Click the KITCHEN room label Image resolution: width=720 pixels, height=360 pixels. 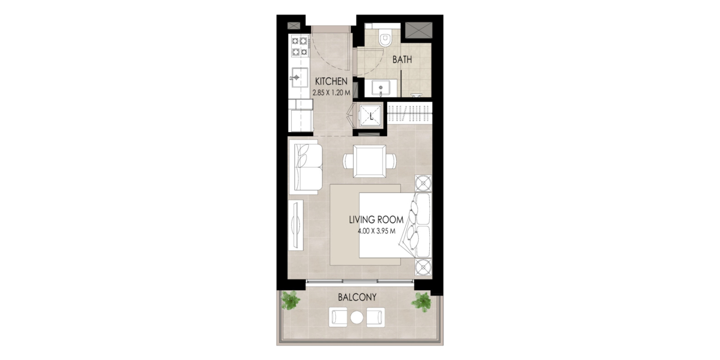pos(331,81)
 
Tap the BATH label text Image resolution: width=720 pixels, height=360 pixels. pos(402,60)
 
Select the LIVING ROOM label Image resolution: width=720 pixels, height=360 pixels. pos(376,220)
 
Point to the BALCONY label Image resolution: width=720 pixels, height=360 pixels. pos(357,297)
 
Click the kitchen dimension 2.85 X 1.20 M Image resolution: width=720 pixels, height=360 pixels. pos(331,93)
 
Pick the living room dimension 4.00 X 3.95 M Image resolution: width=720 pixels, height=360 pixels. pos(376,231)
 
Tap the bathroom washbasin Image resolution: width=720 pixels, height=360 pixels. pos(381,88)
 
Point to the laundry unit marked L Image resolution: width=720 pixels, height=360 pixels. pos(371,115)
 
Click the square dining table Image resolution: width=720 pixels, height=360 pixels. pos(370,161)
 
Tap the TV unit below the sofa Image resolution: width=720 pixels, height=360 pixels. pos(296,225)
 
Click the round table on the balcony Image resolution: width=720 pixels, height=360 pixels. pos(357,318)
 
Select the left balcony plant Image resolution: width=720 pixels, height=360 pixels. pos(291,300)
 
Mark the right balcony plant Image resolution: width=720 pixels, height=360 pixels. pos(421,301)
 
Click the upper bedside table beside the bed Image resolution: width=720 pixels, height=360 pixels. pos(423,183)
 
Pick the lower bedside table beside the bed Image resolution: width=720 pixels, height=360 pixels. pos(423,267)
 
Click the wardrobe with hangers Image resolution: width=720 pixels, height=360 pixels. pos(409,113)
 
